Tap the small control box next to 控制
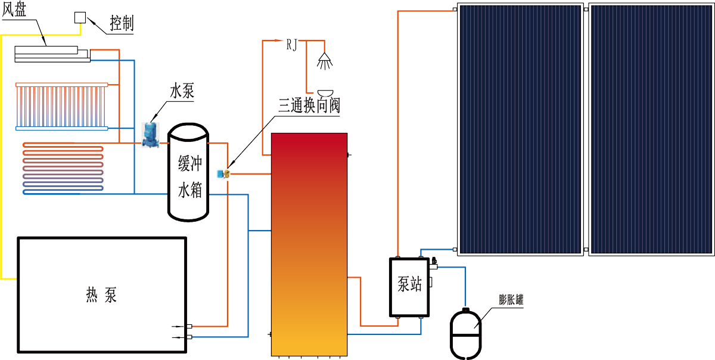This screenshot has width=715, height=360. click(80, 17)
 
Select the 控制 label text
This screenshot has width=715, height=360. click(122, 23)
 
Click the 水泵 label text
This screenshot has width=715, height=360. click(182, 92)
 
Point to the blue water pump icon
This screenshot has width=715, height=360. click(148, 134)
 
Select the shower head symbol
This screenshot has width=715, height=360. click(325, 59)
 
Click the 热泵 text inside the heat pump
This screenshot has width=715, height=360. click(102, 294)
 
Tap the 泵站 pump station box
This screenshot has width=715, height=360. click(410, 287)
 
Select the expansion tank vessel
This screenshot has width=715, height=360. click(464, 334)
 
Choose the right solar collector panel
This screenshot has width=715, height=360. click(651, 130)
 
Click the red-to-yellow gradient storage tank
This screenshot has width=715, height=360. click(309, 244)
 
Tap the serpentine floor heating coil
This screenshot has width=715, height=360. click(63, 167)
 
